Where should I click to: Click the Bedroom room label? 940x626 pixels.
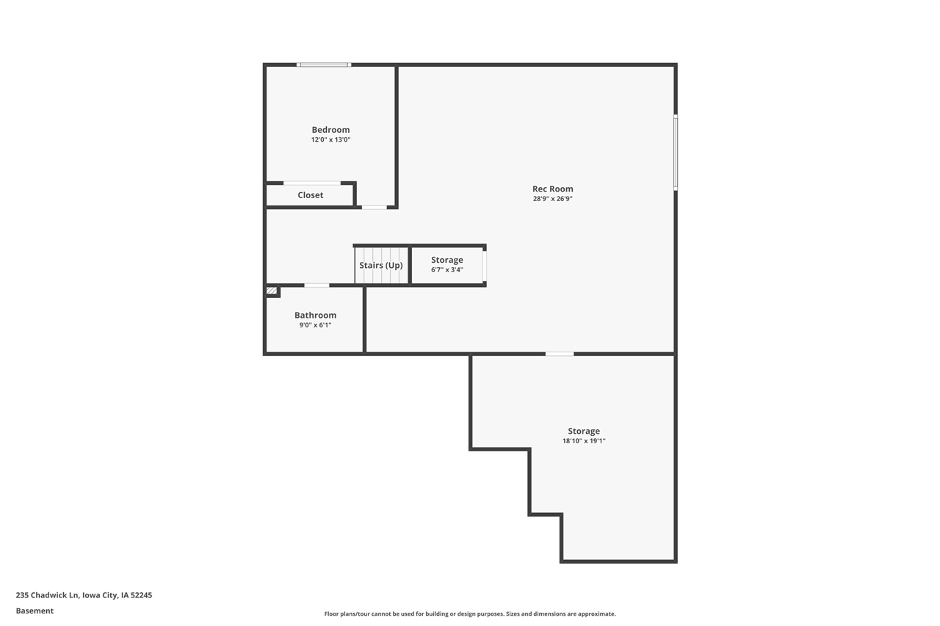pyautogui.click(x=330, y=130)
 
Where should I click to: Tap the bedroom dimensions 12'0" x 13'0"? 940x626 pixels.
pyautogui.click(x=330, y=139)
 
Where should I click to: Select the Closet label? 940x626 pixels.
pyautogui.click(x=310, y=195)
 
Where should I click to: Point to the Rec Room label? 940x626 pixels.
pyautogui.click(x=552, y=189)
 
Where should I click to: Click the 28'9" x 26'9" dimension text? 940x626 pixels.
pyautogui.click(x=552, y=199)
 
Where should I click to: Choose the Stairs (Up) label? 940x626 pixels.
pyautogui.click(x=380, y=265)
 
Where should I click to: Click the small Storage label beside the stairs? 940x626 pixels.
pyautogui.click(x=446, y=260)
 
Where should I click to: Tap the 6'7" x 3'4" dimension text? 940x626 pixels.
pyautogui.click(x=446, y=269)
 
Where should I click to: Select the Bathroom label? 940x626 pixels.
pyautogui.click(x=315, y=315)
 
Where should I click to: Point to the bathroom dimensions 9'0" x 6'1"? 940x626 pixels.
pyautogui.click(x=315, y=325)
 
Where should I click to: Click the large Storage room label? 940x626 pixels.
pyautogui.click(x=583, y=431)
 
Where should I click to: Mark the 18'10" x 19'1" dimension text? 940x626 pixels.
pyautogui.click(x=583, y=441)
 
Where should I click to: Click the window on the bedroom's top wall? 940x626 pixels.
pyautogui.click(x=324, y=65)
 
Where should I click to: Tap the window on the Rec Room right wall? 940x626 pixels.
pyautogui.click(x=676, y=153)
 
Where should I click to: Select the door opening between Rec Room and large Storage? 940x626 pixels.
pyautogui.click(x=559, y=354)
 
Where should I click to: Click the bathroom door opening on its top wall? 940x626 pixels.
pyautogui.click(x=317, y=285)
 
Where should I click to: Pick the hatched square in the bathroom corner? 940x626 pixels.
pyautogui.click(x=272, y=291)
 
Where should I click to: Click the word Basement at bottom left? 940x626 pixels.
pyautogui.click(x=35, y=611)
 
